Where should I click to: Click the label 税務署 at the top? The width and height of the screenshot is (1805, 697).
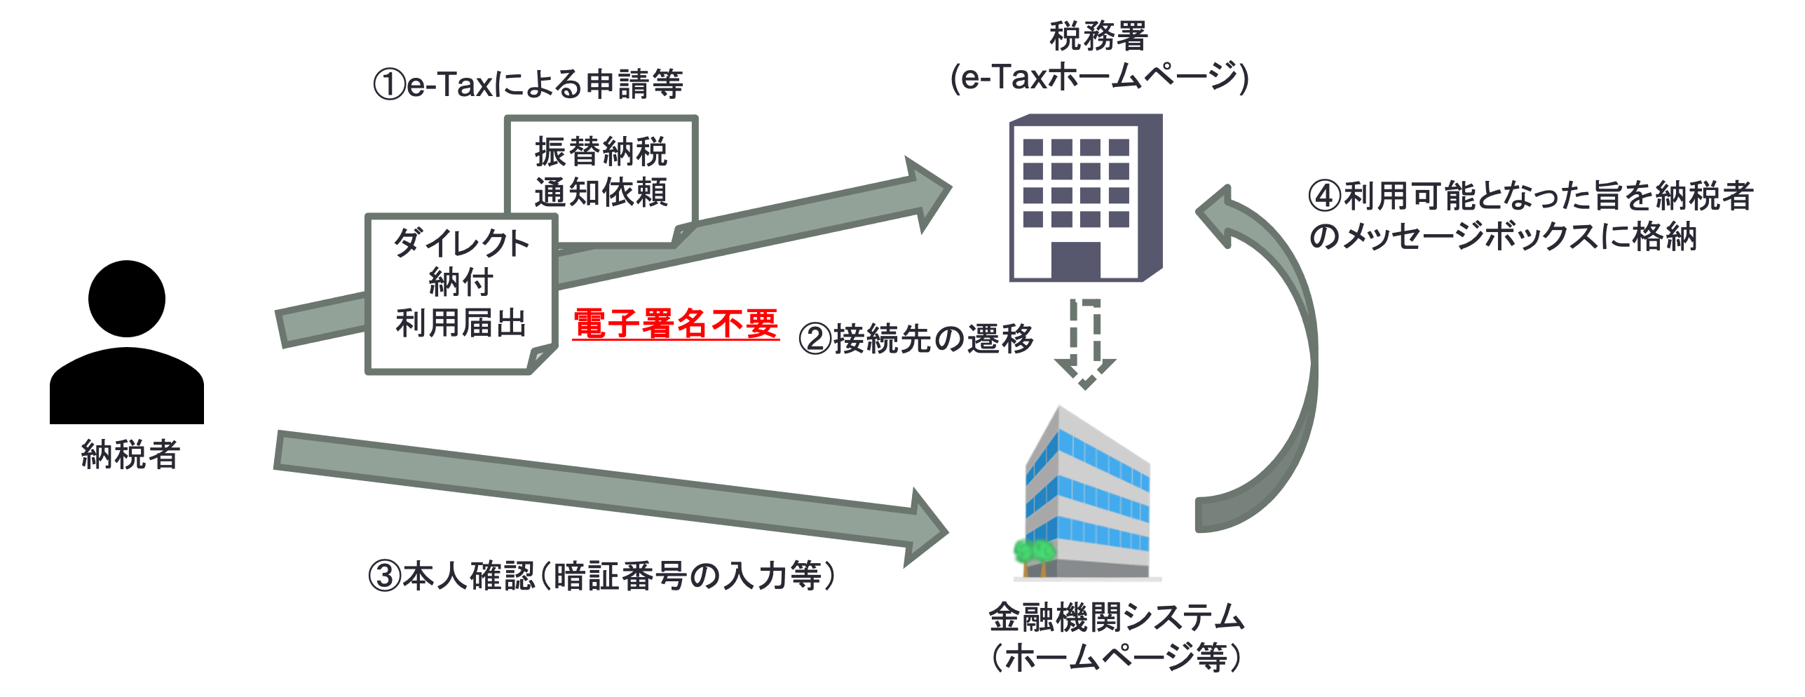coord(1098,36)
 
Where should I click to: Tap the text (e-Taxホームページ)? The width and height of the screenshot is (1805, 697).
coord(1099,77)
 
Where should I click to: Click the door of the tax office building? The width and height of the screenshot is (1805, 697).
coord(1075,261)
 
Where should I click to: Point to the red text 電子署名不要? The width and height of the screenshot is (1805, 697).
coord(676,324)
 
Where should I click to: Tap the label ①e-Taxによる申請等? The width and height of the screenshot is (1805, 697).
coord(529,85)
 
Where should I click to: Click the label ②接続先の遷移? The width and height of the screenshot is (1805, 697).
coord(917,339)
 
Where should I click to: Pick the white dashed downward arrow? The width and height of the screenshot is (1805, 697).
coord(1085,344)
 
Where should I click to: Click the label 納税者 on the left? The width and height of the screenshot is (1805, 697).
coord(131,454)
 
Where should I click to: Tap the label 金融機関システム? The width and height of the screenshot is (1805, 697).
coord(1116,617)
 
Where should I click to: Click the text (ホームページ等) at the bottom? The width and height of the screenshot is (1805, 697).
coord(1116,658)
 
